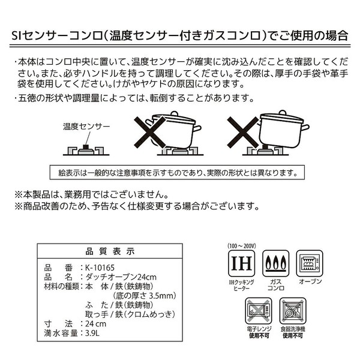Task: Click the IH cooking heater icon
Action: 241,263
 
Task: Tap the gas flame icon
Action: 275,263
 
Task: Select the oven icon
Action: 310,263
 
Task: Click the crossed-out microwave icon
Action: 259,311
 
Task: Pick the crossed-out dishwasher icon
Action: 293,311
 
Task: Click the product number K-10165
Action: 100,268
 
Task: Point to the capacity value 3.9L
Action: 92,333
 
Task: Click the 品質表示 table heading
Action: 110,251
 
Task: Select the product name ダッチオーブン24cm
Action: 121,277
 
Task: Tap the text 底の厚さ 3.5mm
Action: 145,296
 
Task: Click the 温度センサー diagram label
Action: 86,126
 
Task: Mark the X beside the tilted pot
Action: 149,132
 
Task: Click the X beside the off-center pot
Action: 243,132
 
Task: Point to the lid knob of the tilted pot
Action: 174,114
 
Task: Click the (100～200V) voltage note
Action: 242,246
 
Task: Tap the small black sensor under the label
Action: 86,147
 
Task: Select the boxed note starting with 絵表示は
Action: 177,172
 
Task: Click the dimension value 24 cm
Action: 96,324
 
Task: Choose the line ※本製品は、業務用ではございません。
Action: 92,195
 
